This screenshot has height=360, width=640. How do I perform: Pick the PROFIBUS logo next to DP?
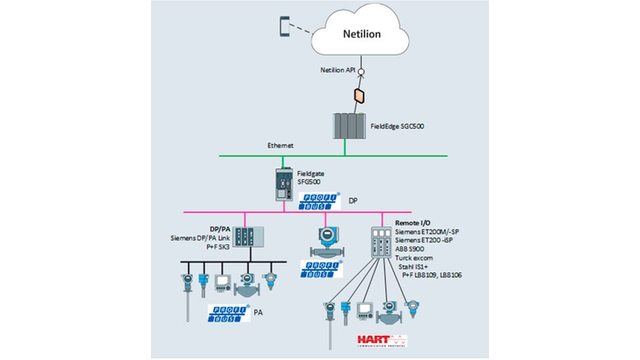pos(320,200)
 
